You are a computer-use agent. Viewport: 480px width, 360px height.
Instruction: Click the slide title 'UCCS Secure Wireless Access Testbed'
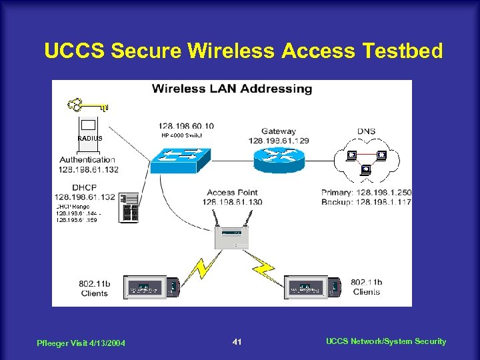tap(243, 51)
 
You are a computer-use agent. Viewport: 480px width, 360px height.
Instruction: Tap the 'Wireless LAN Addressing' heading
tap(232, 88)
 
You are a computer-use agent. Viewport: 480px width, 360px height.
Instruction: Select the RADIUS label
tap(90, 138)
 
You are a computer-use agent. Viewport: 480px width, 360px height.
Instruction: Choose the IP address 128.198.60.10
tap(186, 125)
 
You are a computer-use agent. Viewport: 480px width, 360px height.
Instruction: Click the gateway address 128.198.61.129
tap(278, 141)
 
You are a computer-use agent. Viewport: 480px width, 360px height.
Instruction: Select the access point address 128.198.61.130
tap(232, 202)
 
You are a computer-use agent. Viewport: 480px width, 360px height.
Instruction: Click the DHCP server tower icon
tap(129, 208)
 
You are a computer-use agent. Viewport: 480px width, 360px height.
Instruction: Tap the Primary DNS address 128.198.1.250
tap(366, 193)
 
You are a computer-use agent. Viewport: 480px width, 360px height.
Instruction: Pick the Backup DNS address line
tap(366, 202)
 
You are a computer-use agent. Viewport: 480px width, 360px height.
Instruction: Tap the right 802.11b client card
tap(313, 287)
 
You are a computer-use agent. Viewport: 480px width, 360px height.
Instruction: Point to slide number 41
tap(237, 342)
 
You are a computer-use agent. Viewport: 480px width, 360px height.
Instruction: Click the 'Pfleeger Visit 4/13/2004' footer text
tap(82, 343)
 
